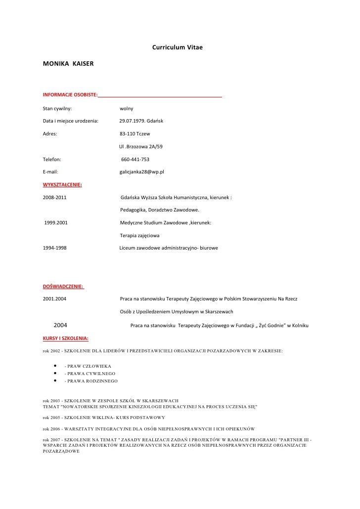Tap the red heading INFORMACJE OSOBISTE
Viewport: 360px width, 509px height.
(71, 94)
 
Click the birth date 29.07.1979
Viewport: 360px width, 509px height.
(131, 121)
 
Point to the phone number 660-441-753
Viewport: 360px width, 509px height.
(135, 159)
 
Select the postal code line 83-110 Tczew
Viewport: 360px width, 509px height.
(135, 133)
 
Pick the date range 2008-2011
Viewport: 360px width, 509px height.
(55, 198)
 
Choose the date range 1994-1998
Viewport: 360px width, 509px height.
(55, 248)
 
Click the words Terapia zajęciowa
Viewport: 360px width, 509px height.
(139, 236)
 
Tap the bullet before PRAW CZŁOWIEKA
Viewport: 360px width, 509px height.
(53, 366)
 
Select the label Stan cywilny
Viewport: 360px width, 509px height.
(57, 108)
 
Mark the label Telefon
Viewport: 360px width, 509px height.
(52, 159)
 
